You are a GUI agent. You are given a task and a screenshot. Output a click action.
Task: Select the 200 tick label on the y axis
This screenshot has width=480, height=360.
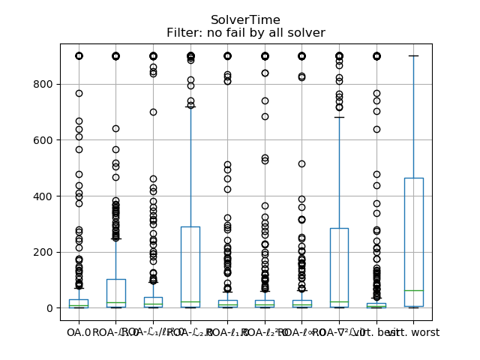tap(43, 252)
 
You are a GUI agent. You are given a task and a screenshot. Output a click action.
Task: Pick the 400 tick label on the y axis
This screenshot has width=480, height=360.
tap(43, 196)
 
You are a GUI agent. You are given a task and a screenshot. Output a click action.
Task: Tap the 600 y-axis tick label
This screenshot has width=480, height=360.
tap(43, 140)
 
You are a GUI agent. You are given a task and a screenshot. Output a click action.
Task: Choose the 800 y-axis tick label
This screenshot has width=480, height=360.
tap(43, 84)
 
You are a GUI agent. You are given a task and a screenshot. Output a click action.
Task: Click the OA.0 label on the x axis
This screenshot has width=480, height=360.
tap(78, 332)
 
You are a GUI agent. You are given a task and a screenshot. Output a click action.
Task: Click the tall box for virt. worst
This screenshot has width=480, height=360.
tap(413, 225)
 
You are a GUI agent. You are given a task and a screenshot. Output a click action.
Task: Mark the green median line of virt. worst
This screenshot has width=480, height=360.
tap(413, 290)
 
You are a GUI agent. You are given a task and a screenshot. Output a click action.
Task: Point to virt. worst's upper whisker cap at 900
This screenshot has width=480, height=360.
tap(413, 56)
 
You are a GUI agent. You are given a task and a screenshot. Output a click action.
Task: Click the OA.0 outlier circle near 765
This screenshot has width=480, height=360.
tap(79, 94)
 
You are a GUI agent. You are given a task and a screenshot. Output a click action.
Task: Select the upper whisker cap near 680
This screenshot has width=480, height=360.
tap(339, 118)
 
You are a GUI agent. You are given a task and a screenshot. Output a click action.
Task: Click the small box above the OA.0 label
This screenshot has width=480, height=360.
tap(79, 303)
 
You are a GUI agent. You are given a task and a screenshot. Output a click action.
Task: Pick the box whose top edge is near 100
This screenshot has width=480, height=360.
tap(115, 292)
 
